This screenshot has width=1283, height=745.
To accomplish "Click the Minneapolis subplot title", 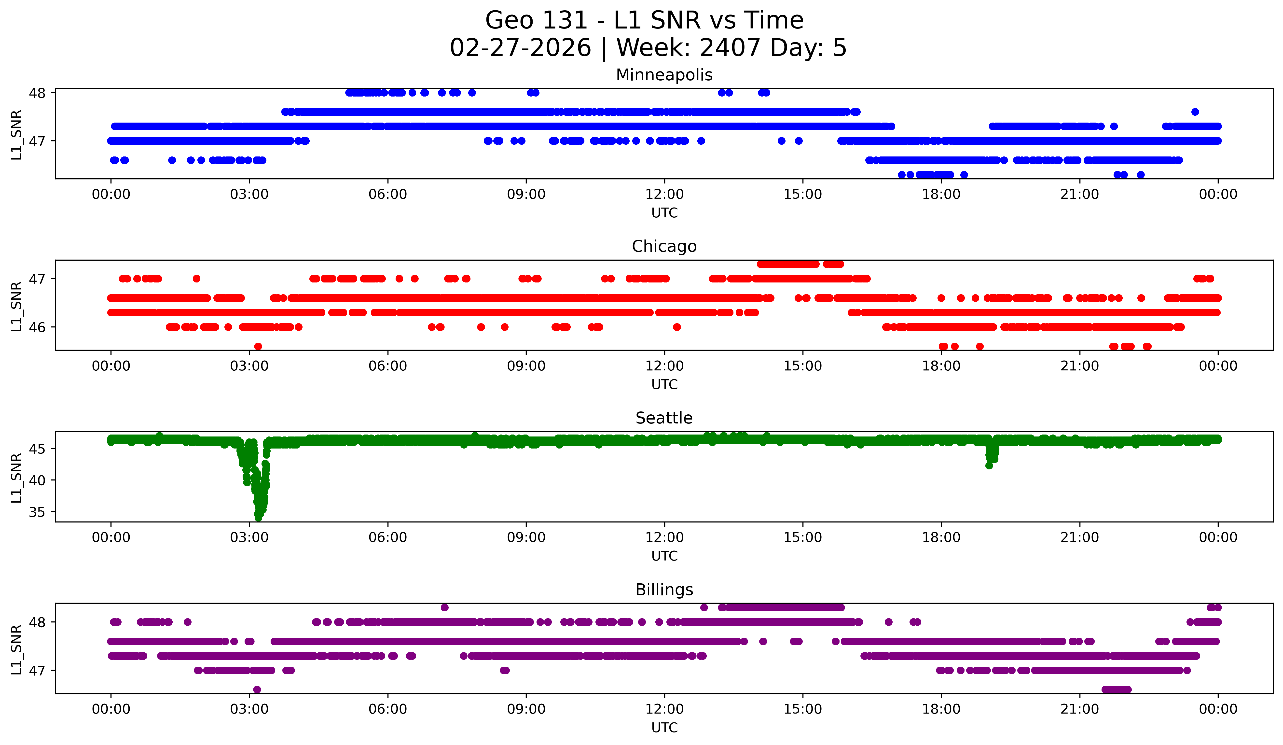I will (664, 75).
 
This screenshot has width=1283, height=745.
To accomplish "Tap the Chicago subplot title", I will (664, 246).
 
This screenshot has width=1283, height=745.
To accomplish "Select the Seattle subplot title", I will (664, 418).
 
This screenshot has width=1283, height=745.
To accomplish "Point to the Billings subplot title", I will (664, 590).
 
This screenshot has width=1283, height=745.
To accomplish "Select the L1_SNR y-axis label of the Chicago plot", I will (16, 306).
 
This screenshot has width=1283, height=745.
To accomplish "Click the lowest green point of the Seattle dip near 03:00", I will (258, 517).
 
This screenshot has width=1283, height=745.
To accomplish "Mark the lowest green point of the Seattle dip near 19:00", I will (989, 465).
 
